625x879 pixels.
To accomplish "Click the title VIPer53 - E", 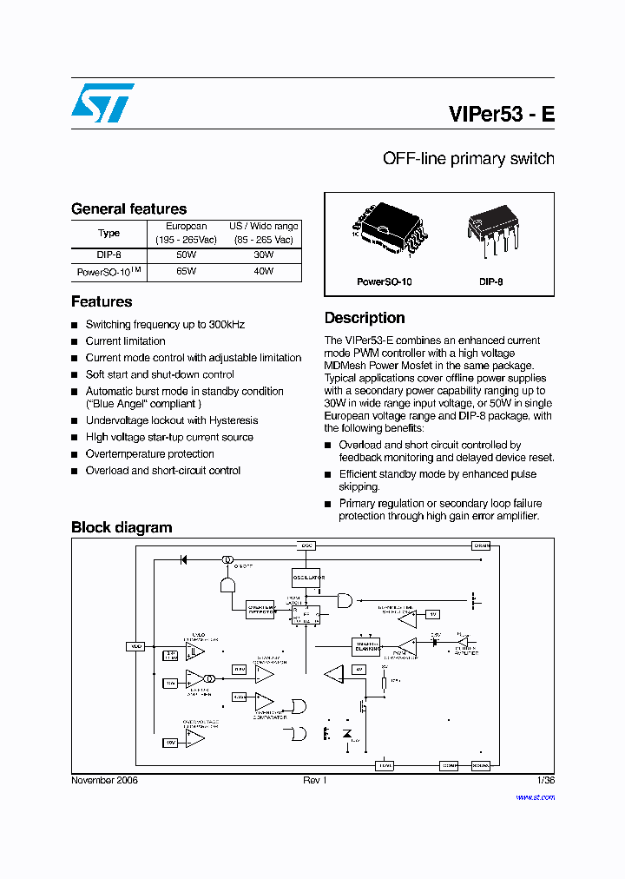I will (502, 115).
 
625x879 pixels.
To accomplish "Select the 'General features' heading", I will (128, 208).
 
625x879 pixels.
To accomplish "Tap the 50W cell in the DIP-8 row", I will (186, 255).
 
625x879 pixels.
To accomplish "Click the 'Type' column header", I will (109, 233).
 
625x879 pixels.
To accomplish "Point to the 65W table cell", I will (186, 271).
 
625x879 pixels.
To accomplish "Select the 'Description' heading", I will (365, 318).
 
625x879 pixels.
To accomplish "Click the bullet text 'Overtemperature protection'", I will (149, 453).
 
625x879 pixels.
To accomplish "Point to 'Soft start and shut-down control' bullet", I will (160, 374).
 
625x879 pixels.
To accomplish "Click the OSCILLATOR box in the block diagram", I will (306, 578).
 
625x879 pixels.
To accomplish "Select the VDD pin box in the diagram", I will (135, 646).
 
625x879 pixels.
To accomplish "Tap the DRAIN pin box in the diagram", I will (481, 545).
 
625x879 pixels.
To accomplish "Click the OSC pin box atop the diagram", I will (306, 545).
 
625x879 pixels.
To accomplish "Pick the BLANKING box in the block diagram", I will (365, 646).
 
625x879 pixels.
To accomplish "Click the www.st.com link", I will (535, 796).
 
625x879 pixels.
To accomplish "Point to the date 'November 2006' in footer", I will (104, 780).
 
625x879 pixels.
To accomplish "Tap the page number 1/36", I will (545, 780).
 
